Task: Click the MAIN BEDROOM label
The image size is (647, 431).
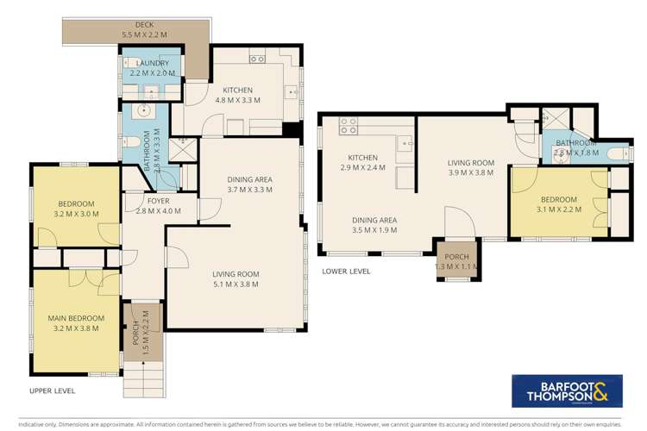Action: tap(74, 323)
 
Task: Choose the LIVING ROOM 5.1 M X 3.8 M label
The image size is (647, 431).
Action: tap(236, 280)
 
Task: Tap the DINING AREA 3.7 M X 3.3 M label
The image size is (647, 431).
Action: tap(251, 184)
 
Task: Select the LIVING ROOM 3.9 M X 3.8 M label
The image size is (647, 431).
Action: tap(470, 167)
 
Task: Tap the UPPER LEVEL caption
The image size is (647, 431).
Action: tap(51, 390)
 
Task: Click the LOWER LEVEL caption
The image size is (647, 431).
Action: tap(346, 271)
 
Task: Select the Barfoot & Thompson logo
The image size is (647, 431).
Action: tap(569, 390)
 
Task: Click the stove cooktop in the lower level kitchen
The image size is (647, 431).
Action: tap(349, 127)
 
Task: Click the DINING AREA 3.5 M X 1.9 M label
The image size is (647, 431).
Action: tap(374, 226)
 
